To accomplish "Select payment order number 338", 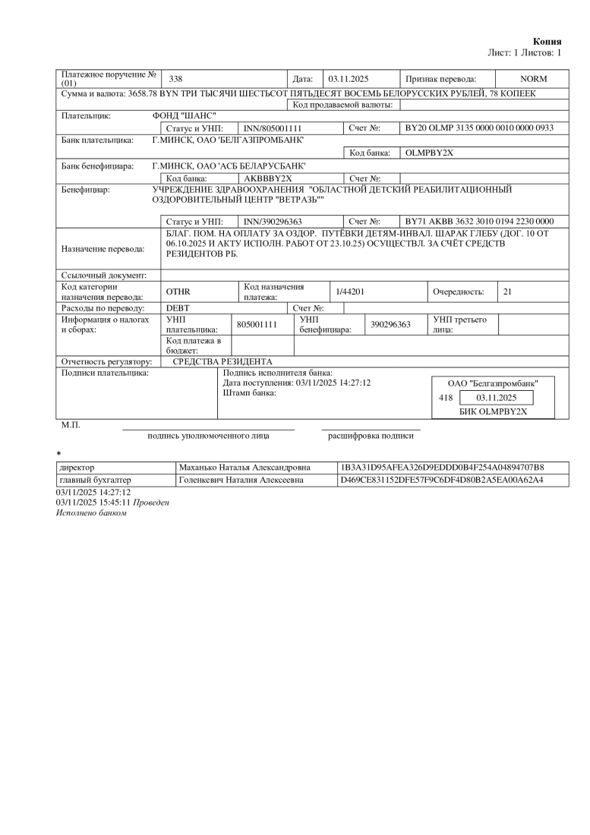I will pos(175,79).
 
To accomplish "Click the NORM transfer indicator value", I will pos(533,79).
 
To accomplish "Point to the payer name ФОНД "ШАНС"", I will pos(185,116).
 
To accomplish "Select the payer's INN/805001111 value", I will pos(272,128).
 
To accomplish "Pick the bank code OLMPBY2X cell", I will pos(429,153).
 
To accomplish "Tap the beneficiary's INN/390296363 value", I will pos(272,221).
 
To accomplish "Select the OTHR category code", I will pos(178,292).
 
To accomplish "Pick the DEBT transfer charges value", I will pos(178,308).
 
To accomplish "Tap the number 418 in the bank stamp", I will pos(446,398).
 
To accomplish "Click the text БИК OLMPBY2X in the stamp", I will pos(493,412).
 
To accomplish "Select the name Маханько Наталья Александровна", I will pos(243,467).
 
